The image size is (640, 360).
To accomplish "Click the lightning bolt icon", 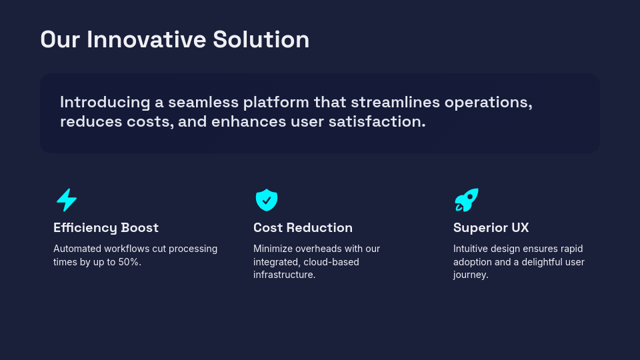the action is [67, 200].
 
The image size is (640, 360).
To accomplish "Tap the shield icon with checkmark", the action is [267, 200].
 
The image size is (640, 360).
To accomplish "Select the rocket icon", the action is [467, 200].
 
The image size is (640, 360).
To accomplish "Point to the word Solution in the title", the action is [261, 39].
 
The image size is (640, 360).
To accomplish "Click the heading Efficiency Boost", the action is [106, 228].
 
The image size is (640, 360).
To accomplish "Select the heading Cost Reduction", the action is [303, 228].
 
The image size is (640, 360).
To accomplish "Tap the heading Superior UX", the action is [491, 228].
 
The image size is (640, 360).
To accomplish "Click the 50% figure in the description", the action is [129, 262].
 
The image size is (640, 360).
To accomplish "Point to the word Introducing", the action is [105, 103].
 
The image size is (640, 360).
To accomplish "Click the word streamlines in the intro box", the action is [395, 103].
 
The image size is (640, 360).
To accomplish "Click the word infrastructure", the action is [284, 275].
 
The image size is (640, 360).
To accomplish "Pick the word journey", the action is [471, 275].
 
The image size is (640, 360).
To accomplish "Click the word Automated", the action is [77, 249].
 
